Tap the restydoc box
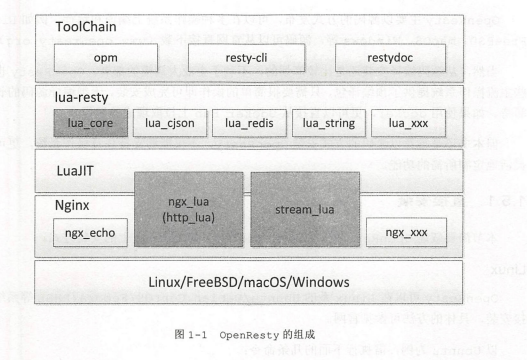pyautogui.click(x=392, y=59)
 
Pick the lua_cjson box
pyautogui.click(x=168, y=123)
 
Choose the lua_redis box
pyautogui.click(x=248, y=123)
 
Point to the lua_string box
pyautogui.click(x=328, y=123)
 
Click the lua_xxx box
pyautogui.click(x=408, y=123)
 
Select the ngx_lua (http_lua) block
pyautogui.click(x=189, y=209)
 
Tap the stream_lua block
pyautogui.click(x=305, y=209)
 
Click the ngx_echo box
pyautogui.click(x=88, y=233)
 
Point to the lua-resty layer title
pyautogui.click(x=82, y=98)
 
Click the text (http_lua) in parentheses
pyautogui.click(x=189, y=216)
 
